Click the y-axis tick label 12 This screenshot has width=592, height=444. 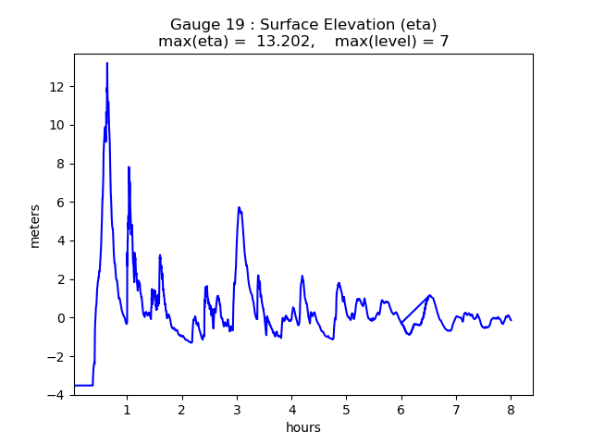(57, 87)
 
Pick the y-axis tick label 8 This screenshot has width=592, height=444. (61, 164)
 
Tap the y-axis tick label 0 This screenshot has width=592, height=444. (61, 318)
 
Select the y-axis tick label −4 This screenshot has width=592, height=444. (57, 395)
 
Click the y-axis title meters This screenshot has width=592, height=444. (35, 226)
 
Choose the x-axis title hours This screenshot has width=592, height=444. (303, 427)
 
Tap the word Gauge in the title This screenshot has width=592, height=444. (192, 24)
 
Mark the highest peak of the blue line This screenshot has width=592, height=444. (107, 64)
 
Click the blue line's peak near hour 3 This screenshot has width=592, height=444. (239, 208)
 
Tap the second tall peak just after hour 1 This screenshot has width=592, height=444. (129, 167)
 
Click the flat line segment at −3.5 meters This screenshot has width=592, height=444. (83, 385)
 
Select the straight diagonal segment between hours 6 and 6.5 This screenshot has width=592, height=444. (415, 309)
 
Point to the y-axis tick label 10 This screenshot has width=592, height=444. (57, 125)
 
